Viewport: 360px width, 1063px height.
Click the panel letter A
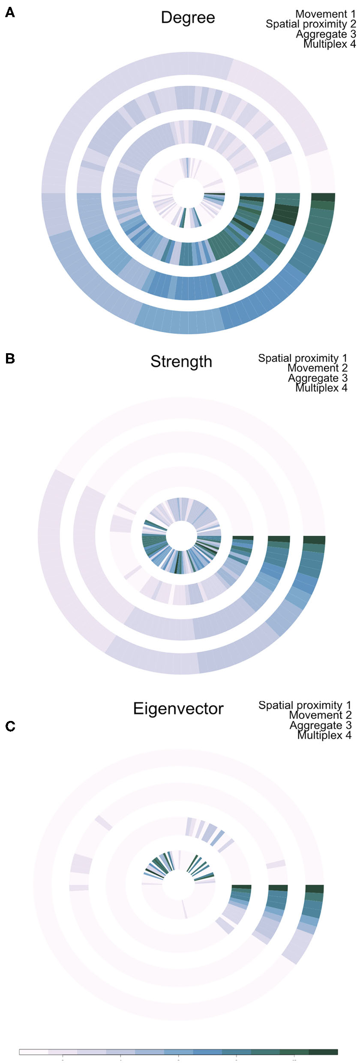pos(9,13)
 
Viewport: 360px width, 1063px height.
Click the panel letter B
pos(9,358)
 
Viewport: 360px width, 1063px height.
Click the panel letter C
pos(9,726)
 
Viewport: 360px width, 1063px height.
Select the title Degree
pos(188,18)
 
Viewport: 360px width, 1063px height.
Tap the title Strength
pos(181,361)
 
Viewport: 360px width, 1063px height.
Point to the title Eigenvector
pos(178,709)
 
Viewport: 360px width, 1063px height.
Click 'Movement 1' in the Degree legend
pos(325,14)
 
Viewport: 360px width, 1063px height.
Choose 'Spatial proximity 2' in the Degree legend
pos(311,24)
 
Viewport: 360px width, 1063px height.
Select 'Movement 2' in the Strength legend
pos(317,368)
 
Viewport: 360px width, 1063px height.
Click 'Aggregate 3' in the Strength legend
pos(317,378)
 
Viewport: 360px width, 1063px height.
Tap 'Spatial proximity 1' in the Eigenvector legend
pos(305,705)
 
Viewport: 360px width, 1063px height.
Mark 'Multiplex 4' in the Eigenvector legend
pos(324,735)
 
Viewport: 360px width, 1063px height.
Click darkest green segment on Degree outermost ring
pos(323,197)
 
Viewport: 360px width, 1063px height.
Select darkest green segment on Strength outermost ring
pos(314,540)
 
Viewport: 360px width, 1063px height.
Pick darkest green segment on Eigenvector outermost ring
pos(314,889)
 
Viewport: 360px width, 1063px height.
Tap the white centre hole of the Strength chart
pos(181,536)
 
